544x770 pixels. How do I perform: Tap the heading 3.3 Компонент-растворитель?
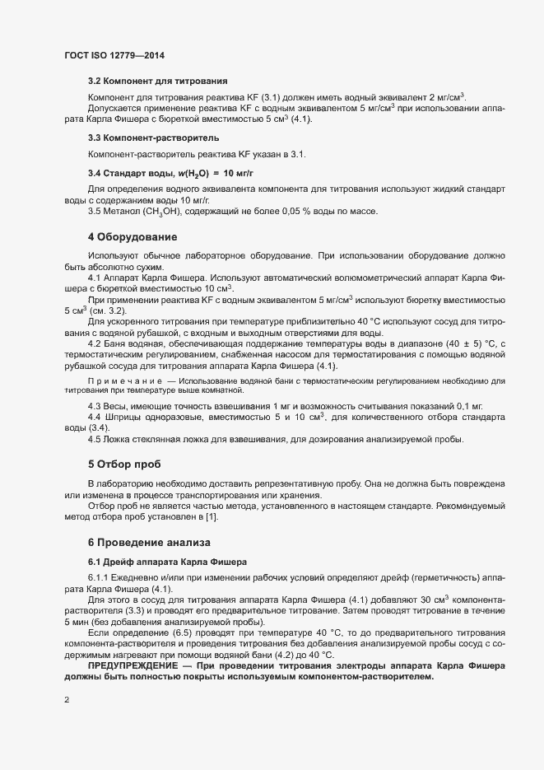[153, 137]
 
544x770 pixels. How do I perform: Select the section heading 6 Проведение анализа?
[150, 543]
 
